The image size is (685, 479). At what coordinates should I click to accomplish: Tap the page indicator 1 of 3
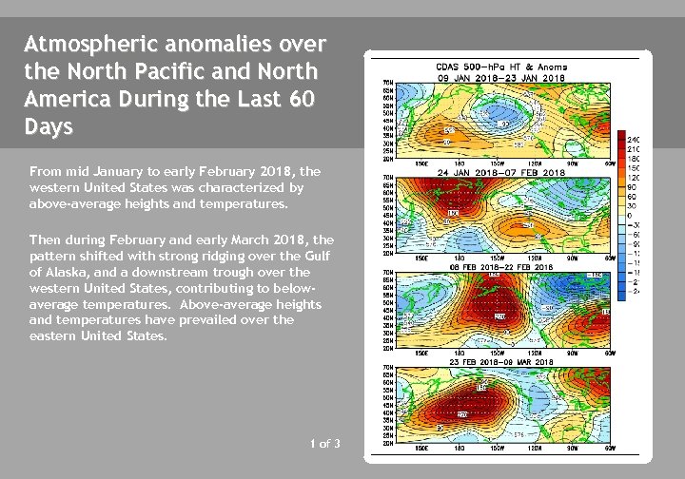click(324, 444)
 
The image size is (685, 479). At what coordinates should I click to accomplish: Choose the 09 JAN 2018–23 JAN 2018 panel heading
click(503, 77)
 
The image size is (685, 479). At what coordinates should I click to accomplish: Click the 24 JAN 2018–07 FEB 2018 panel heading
click(503, 173)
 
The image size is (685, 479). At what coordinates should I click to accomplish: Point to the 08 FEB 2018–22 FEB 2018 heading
click(503, 268)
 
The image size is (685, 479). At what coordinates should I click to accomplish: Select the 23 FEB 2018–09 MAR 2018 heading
click(503, 362)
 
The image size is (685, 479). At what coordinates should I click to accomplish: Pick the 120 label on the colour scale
click(633, 179)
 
